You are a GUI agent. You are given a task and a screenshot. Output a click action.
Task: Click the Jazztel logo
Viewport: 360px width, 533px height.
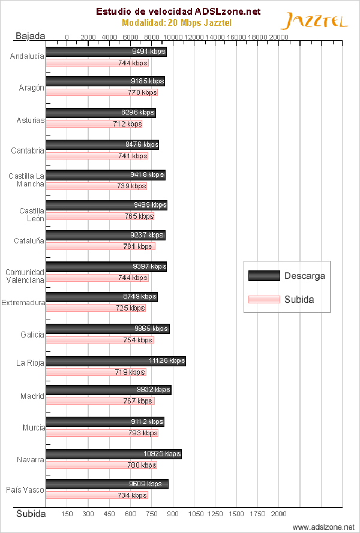314,22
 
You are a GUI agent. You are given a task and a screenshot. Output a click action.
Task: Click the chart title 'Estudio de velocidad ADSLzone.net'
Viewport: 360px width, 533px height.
178,11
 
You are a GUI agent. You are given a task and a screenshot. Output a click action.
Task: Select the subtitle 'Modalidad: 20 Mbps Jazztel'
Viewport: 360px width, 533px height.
177,23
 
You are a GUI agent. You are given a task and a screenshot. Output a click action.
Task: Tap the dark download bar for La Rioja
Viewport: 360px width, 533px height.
116,361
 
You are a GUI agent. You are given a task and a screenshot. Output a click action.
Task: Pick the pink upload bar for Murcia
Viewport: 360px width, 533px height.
102,433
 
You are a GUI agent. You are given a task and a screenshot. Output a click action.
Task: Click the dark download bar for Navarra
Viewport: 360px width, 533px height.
114,454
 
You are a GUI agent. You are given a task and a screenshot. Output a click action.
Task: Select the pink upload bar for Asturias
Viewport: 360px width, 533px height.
94,124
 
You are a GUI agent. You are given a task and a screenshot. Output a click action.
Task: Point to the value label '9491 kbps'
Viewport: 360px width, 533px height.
149,52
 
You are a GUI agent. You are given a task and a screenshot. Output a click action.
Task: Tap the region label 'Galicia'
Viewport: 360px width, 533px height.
32,335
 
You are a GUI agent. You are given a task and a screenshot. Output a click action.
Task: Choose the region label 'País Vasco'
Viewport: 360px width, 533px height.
25,490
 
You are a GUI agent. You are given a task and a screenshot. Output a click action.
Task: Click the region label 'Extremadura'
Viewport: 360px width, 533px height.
23,303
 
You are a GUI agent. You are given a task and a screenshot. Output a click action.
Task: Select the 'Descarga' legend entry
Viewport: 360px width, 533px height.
287,276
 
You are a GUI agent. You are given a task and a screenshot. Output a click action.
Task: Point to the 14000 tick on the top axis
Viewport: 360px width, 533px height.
215,37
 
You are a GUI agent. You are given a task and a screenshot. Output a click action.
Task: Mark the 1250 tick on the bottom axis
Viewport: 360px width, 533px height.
215,513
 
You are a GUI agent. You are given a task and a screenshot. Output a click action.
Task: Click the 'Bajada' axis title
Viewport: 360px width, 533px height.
30,36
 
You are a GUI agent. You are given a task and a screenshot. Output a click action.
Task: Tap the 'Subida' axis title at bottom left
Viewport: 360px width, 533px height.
31,514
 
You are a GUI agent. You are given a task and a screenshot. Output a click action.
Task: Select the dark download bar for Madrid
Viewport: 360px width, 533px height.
109,390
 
